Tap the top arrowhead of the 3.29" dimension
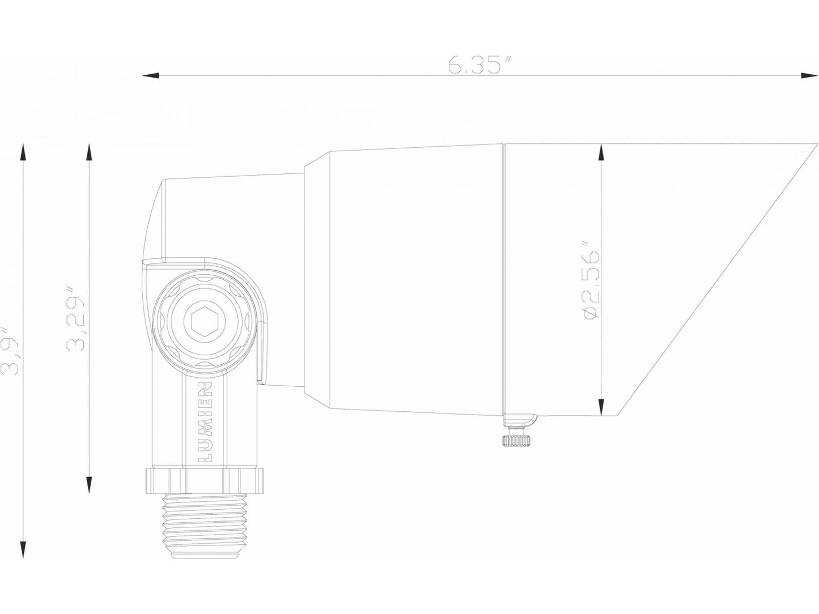click(88, 152)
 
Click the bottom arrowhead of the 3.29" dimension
click(88, 486)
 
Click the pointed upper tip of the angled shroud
click(808, 145)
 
